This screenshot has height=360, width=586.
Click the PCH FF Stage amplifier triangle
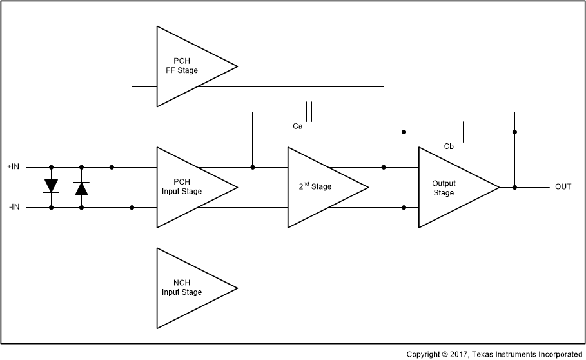pos(187,66)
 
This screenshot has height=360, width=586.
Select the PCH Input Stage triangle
pos(187,187)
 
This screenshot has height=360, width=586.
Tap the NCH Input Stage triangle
pos(187,288)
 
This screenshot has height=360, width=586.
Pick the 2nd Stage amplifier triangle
pos(319,187)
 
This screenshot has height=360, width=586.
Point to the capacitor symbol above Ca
pos(309,112)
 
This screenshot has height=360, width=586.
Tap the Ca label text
pos(298,126)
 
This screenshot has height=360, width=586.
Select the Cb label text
pos(449,146)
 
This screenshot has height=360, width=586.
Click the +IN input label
pos(14,166)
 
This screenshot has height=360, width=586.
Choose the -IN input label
pos(14,207)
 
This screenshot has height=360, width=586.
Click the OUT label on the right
pos(563,187)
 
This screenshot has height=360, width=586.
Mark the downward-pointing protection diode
pos(51,186)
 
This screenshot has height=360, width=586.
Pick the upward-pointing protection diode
pos(82,188)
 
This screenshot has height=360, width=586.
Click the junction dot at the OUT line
pos(514,187)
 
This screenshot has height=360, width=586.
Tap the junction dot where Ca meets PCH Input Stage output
pos(252,167)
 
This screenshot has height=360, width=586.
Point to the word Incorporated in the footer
pos(558,354)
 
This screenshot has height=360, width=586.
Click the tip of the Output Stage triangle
pos(498,187)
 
